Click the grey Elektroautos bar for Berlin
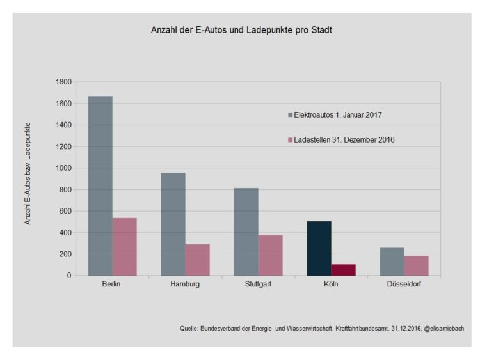(100, 185)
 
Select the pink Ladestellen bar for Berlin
(124, 247)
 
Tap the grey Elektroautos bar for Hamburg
(173, 224)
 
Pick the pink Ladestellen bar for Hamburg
(197, 260)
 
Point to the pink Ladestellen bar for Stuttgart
(270, 255)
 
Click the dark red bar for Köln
(344, 270)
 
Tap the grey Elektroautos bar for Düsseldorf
(392, 262)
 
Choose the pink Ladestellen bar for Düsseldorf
(417, 265)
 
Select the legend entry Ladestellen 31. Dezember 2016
(339, 139)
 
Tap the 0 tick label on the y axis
(68, 276)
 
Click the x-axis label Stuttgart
(258, 285)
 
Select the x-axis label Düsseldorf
(404, 285)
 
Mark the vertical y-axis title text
(28, 173)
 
